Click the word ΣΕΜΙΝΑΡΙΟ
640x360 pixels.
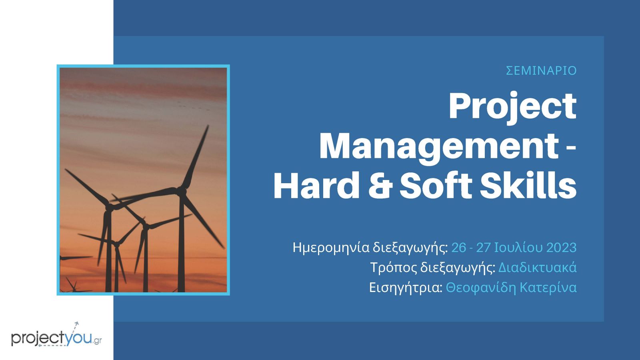[x=541, y=70]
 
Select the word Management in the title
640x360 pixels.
[x=438, y=148]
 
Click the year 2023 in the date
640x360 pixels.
[x=562, y=248]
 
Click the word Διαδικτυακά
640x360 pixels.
[x=538, y=268]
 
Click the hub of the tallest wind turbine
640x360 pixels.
[x=181, y=190]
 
